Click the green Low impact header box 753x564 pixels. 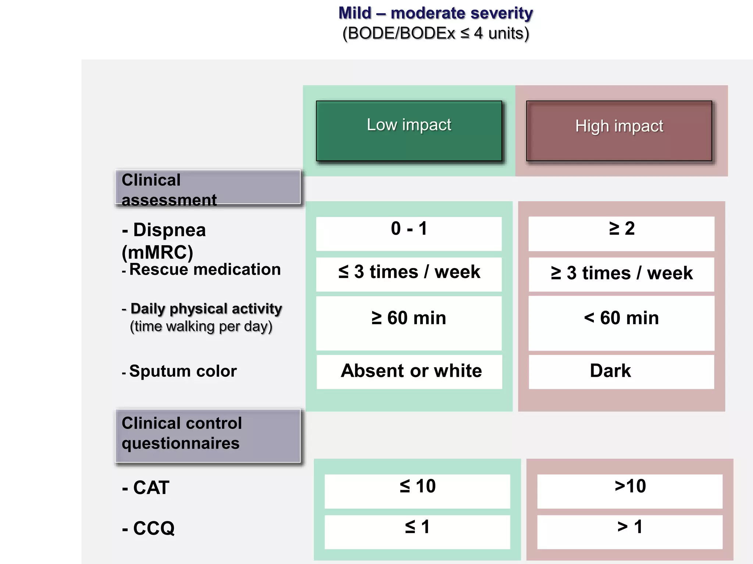pyautogui.click(x=409, y=131)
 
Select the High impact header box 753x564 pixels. pyautogui.click(x=619, y=131)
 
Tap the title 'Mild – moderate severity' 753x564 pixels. pyautogui.click(x=435, y=13)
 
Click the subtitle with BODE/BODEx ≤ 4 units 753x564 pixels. pyautogui.click(x=435, y=33)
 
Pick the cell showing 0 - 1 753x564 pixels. pyautogui.click(x=409, y=234)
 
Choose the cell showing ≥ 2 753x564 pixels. pyautogui.click(x=621, y=234)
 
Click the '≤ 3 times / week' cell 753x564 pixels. pyautogui.click(x=409, y=274)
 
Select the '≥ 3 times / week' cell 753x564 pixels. pyautogui.click(x=621, y=274)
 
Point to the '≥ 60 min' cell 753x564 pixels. pyautogui.click(x=409, y=323)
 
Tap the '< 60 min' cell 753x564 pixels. pyautogui.click(x=621, y=323)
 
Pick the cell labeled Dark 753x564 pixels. pyautogui.click(x=621, y=371)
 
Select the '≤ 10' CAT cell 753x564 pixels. pyautogui.click(x=417, y=491)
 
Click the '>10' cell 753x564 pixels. pyautogui.click(x=630, y=491)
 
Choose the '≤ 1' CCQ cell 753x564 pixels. pyautogui.click(x=417, y=532)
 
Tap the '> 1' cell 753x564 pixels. pyautogui.click(x=630, y=532)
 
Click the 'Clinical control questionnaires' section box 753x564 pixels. pyautogui.click(x=208, y=435)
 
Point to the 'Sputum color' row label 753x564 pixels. pyautogui.click(x=183, y=371)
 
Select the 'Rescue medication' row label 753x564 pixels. pyautogui.click(x=204, y=270)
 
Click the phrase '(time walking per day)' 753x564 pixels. pyautogui.click(x=201, y=326)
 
